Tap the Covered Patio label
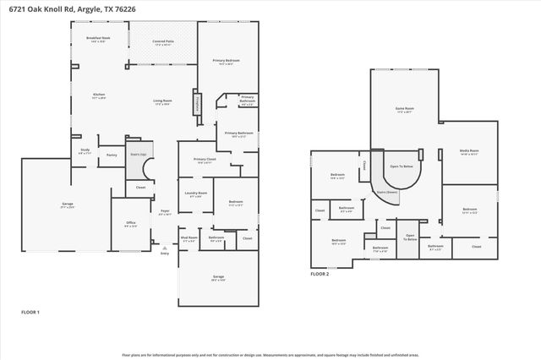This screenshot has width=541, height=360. coord(163,41)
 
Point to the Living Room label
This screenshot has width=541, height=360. coord(162,101)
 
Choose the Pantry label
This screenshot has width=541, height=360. coord(111,155)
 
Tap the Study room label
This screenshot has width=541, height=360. coord(85,150)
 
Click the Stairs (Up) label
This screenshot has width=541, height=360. coord(138,155)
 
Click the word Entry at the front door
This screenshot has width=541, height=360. coord(165,253)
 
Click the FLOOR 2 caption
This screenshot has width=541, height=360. coord(320,274)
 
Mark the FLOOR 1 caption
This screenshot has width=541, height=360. coord(30,312)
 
